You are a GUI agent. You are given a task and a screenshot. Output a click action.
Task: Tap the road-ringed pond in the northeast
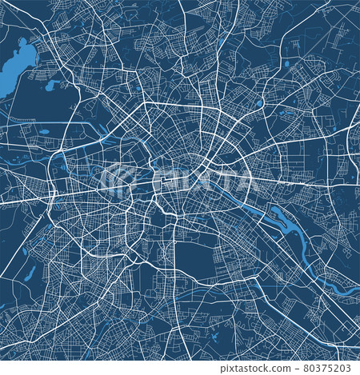[x=260, y=102]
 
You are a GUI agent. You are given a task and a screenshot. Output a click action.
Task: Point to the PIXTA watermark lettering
[x=200, y=182]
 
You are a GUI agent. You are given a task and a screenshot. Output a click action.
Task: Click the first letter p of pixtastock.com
[x=223, y=369]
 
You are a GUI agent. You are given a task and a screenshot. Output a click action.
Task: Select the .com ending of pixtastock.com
[x=280, y=368]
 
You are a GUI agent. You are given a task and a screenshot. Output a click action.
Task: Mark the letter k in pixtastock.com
[x=267, y=368]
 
